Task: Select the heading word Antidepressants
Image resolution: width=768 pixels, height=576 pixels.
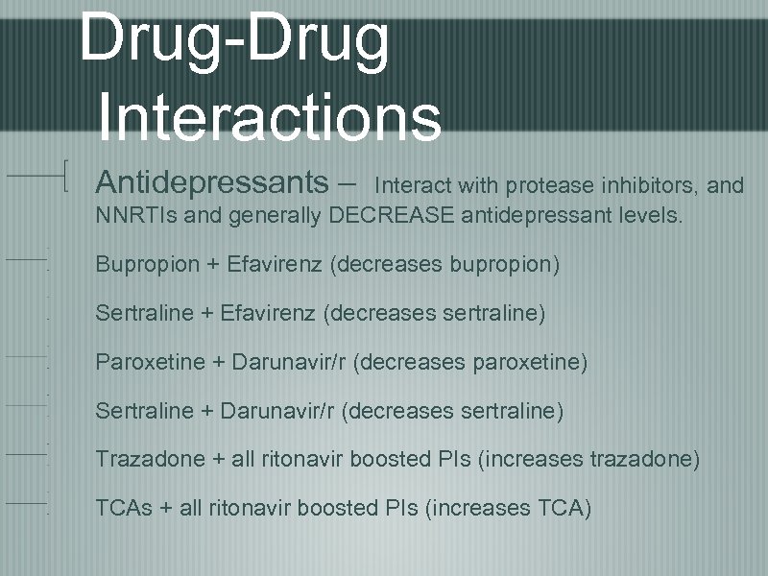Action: click(212, 181)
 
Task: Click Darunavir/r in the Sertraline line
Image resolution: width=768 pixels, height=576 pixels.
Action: click(280, 411)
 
